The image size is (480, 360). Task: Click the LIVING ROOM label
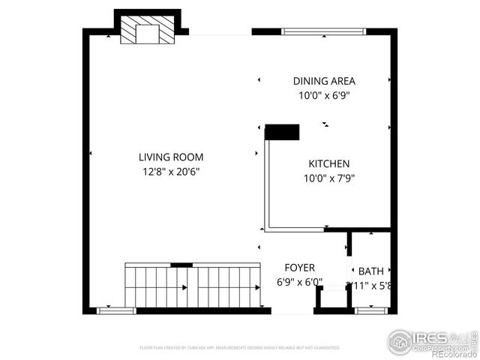pyautogui.click(x=170, y=157)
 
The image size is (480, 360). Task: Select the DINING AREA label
pyautogui.click(x=324, y=81)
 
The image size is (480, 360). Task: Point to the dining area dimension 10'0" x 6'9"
pyautogui.click(x=324, y=95)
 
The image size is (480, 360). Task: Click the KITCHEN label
pyautogui.click(x=329, y=163)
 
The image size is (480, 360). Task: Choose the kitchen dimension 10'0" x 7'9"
pyautogui.click(x=329, y=178)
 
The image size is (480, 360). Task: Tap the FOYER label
pyautogui.click(x=299, y=268)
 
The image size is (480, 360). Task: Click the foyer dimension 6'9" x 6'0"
pyautogui.click(x=299, y=282)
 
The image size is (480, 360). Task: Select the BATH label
pyautogui.click(x=370, y=271)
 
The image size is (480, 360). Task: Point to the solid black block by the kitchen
pyautogui.click(x=282, y=132)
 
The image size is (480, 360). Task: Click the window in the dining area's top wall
pyautogui.click(x=323, y=31)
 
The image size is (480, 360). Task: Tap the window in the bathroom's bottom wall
pyautogui.click(x=370, y=310)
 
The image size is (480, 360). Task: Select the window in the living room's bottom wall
pyautogui.click(x=116, y=310)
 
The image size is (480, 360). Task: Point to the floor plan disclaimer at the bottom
pyautogui.click(x=240, y=348)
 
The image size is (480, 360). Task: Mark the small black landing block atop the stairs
pyautogui.click(x=181, y=265)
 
